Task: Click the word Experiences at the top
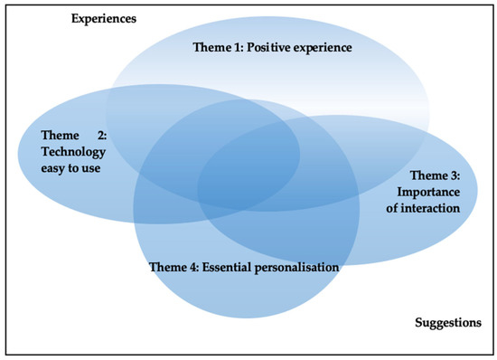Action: click(x=104, y=19)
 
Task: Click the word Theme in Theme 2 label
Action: click(x=60, y=134)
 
